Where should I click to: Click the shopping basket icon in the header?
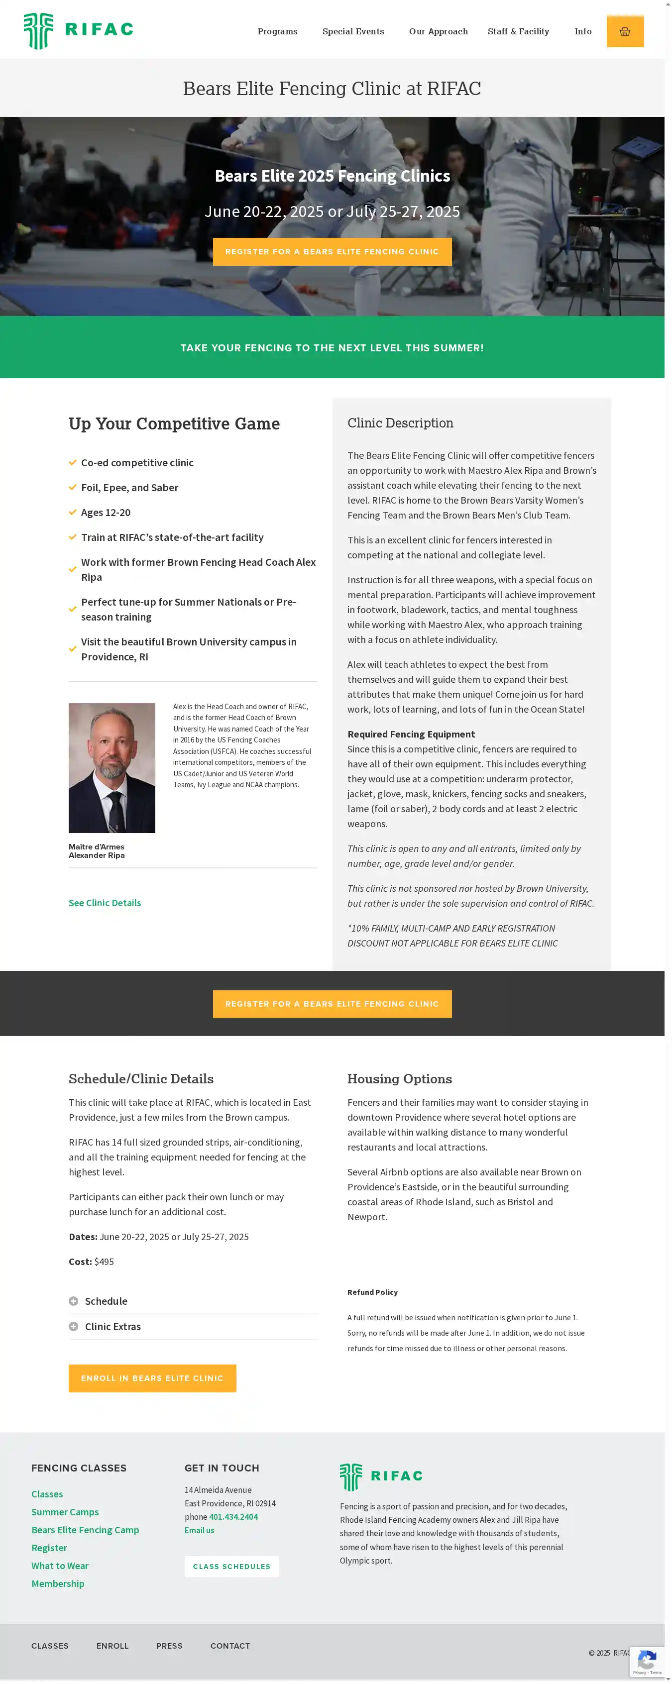click(x=624, y=31)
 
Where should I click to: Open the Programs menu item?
click(x=277, y=31)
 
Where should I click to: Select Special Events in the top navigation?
click(x=353, y=31)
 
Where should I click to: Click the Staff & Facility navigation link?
click(x=518, y=31)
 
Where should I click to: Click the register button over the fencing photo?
click(x=332, y=252)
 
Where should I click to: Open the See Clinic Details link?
click(x=105, y=903)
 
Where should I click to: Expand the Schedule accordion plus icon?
click(x=73, y=1301)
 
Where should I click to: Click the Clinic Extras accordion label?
click(x=112, y=1326)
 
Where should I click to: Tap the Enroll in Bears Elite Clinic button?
click(x=152, y=1378)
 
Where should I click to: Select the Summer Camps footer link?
click(x=65, y=1512)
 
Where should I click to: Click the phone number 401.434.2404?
click(x=233, y=1517)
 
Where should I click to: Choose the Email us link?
click(x=200, y=1530)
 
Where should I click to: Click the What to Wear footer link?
click(x=60, y=1566)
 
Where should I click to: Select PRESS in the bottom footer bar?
click(x=169, y=1646)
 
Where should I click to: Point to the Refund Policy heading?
click(x=372, y=1292)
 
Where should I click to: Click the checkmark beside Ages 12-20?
click(x=73, y=513)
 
